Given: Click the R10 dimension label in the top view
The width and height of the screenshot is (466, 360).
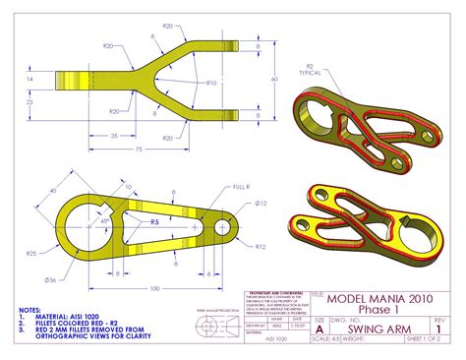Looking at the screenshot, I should coord(212,83).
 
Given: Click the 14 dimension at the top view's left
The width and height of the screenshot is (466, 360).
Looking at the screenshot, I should coord(30,78).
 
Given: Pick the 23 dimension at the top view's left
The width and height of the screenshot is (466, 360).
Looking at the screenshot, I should coord(30,100).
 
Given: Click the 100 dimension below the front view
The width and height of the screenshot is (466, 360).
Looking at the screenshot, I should coord(154,288).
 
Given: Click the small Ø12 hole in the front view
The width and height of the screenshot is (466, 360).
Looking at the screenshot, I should coord(222,226).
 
